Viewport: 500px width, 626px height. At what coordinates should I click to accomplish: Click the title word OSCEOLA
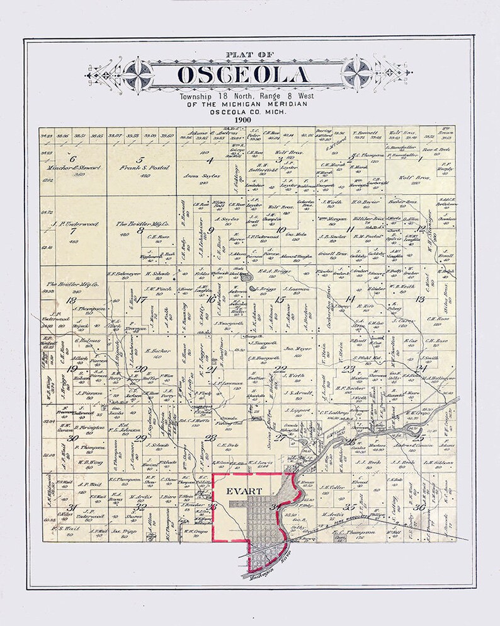244,74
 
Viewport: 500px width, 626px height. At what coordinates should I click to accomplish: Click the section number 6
73,159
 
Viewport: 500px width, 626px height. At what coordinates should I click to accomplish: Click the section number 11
351,228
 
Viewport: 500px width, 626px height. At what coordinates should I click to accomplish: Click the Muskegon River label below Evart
261,557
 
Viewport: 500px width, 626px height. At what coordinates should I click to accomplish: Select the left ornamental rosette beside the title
136,71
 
